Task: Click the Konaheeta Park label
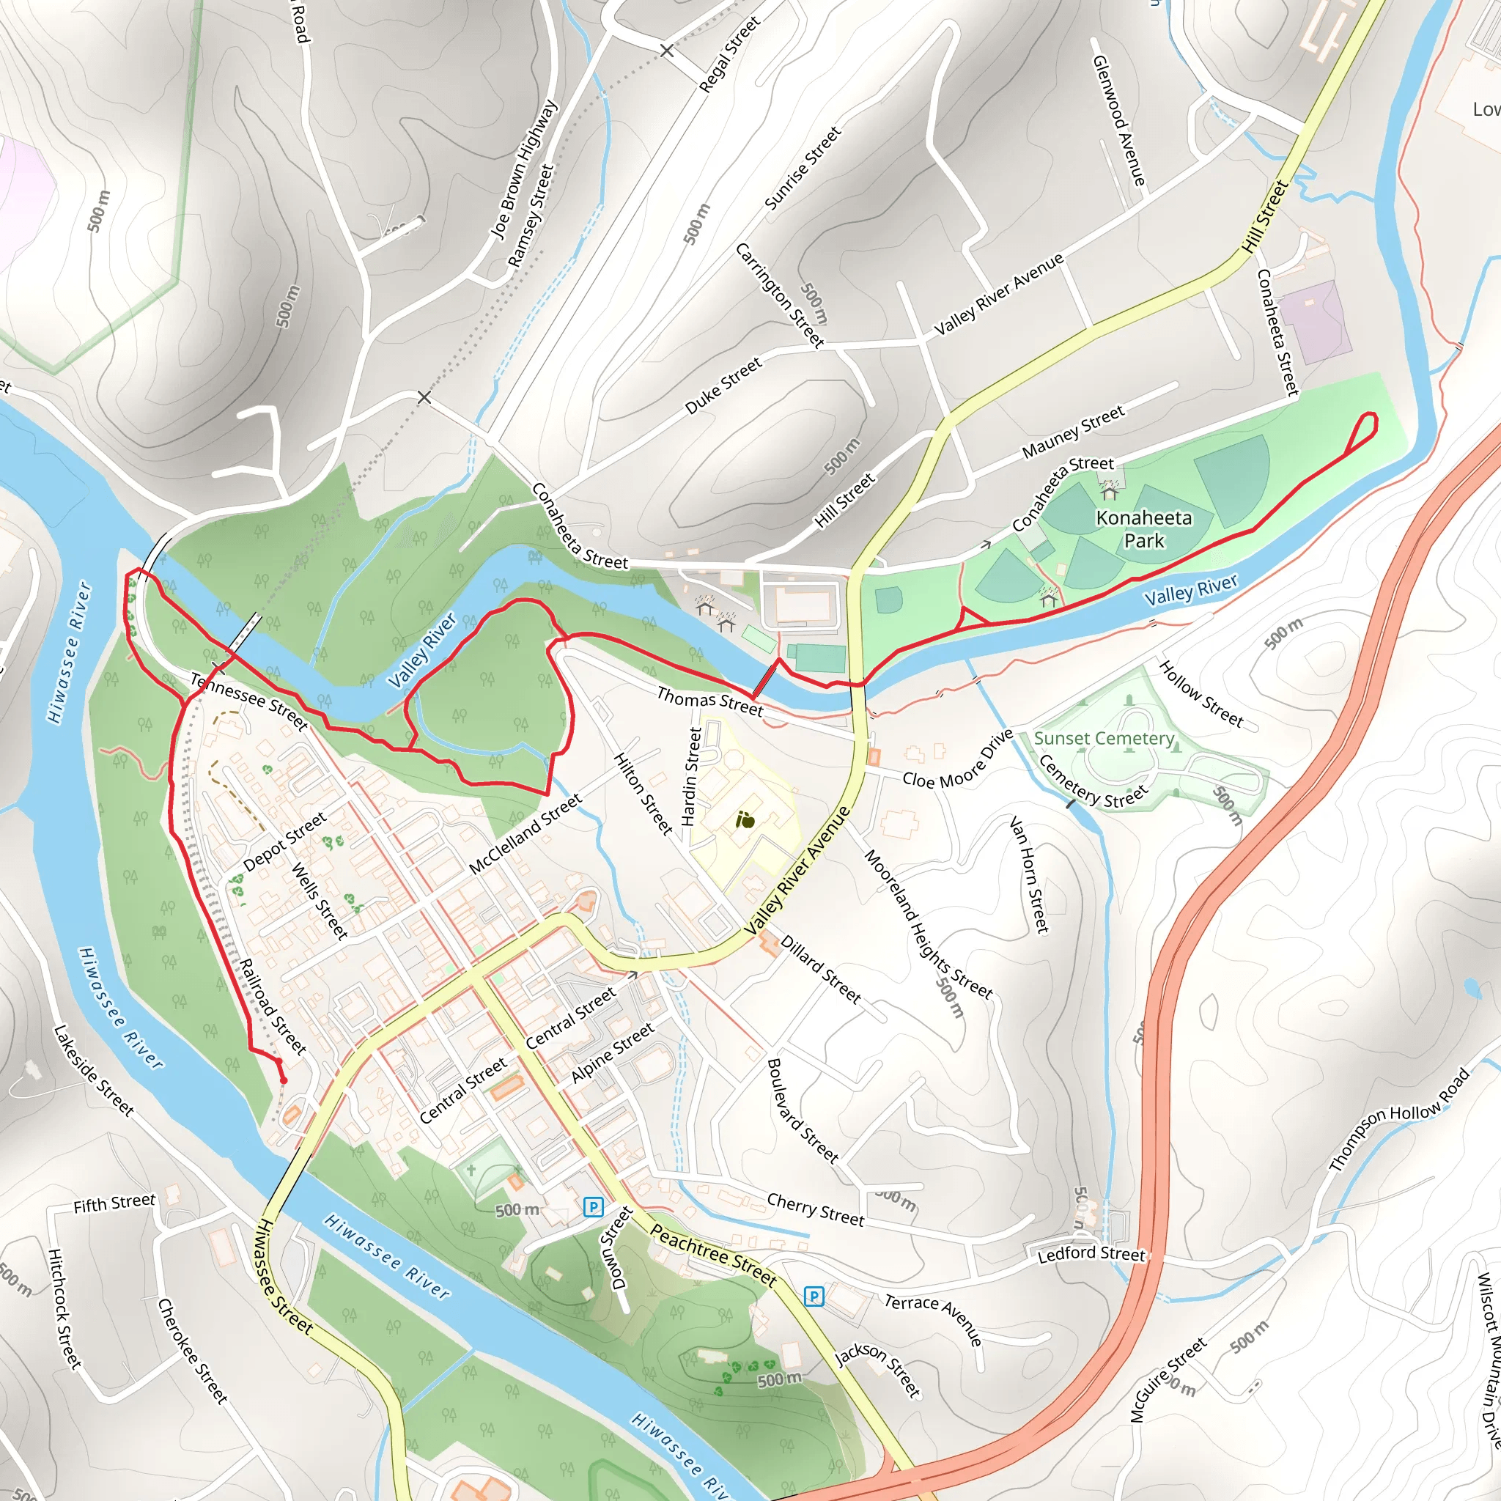click(1143, 529)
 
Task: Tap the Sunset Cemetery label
click(1104, 738)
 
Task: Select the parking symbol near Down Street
click(593, 1206)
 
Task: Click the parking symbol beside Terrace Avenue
click(814, 1296)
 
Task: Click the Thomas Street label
click(709, 701)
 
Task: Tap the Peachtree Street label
click(712, 1255)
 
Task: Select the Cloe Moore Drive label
click(958, 759)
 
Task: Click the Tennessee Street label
click(249, 701)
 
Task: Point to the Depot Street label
click(284, 842)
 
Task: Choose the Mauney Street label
click(1073, 432)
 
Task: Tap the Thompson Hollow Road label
click(1399, 1120)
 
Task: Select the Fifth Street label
click(114, 1203)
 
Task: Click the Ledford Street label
click(1091, 1253)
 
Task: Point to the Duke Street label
click(723, 386)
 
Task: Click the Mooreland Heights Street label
click(928, 924)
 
